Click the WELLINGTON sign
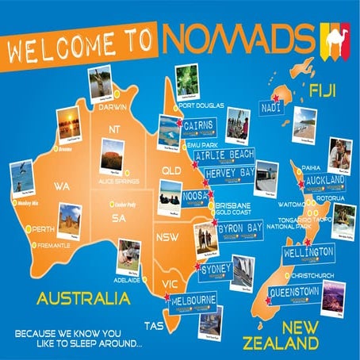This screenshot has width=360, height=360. pos(308,252)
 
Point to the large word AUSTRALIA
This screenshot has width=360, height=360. pos(75,299)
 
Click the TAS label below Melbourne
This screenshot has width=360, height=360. pos(152,325)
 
